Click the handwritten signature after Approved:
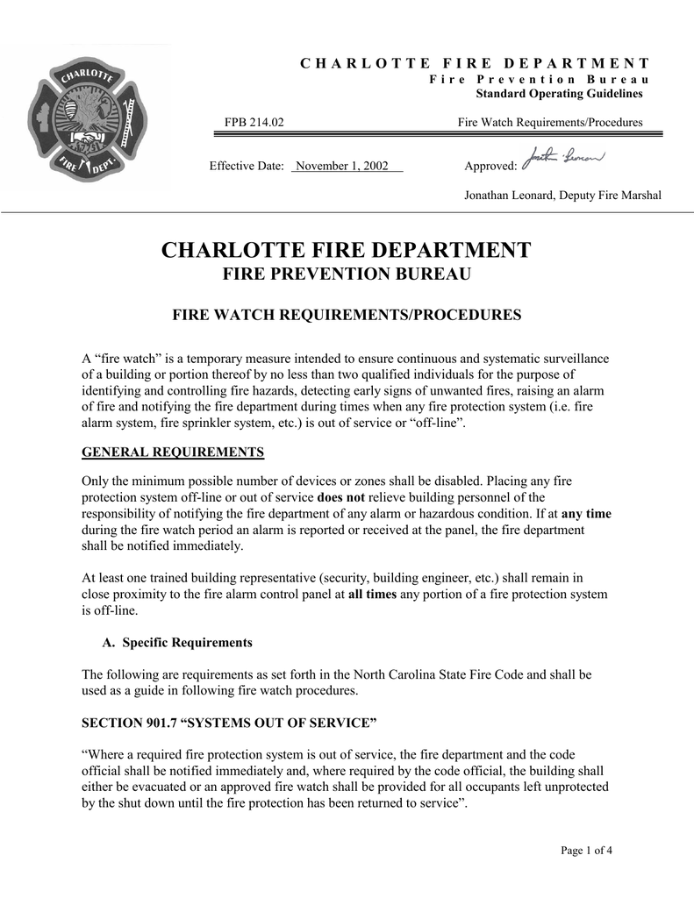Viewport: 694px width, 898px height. coord(557,162)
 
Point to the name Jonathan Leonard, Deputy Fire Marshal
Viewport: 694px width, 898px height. coord(562,195)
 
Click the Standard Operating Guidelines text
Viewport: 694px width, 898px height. coord(558,94)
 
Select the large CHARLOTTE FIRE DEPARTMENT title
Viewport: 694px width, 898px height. coord(347,250)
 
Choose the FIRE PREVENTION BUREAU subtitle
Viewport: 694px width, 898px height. coord(347,275)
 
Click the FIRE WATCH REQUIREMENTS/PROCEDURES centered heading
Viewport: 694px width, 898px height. coord(347,315)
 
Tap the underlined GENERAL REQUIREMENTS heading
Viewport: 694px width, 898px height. coord(173,453)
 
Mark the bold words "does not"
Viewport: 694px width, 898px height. coord(340,497)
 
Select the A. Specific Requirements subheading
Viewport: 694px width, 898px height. coord(177,643)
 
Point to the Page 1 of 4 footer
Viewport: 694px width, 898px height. coord(586,851)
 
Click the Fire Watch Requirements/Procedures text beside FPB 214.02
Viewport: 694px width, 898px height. coord(550,123)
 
